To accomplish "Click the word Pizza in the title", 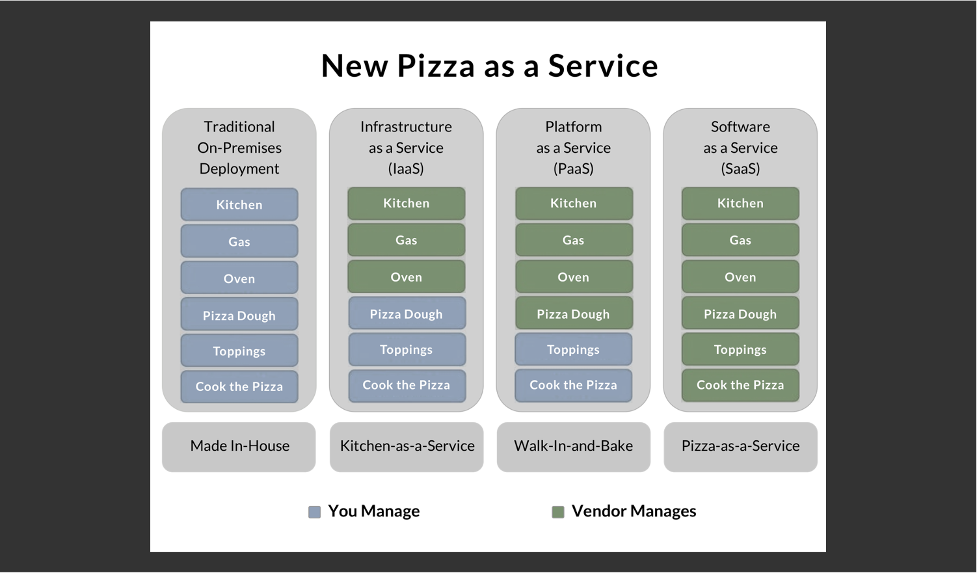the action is pos(436,66).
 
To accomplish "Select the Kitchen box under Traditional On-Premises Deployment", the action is pos(239,204).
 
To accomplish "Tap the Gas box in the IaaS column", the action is pos(407,240).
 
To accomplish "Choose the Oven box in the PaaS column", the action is pos(574,277).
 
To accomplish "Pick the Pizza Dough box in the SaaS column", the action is pos(741,313).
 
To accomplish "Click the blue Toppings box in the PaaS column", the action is pos(574,349).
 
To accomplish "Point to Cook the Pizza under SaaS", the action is pos(741,385).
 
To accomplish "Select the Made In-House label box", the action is pos(239,447).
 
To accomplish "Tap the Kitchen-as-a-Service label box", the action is pos(407,447).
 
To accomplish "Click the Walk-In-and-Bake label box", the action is pos(574,447).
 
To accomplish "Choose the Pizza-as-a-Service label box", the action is pos(741,447).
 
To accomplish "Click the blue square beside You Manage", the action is pos(314,512).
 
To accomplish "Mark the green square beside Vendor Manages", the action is pos(558,512).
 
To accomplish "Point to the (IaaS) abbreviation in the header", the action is pos(406,168).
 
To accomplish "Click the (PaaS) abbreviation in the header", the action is pos(574,168).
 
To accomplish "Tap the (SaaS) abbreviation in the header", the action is pos(741,168).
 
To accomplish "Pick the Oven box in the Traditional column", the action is pos(239,278).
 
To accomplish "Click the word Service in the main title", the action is pos(603,66).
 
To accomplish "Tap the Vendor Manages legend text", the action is pos(634,511).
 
